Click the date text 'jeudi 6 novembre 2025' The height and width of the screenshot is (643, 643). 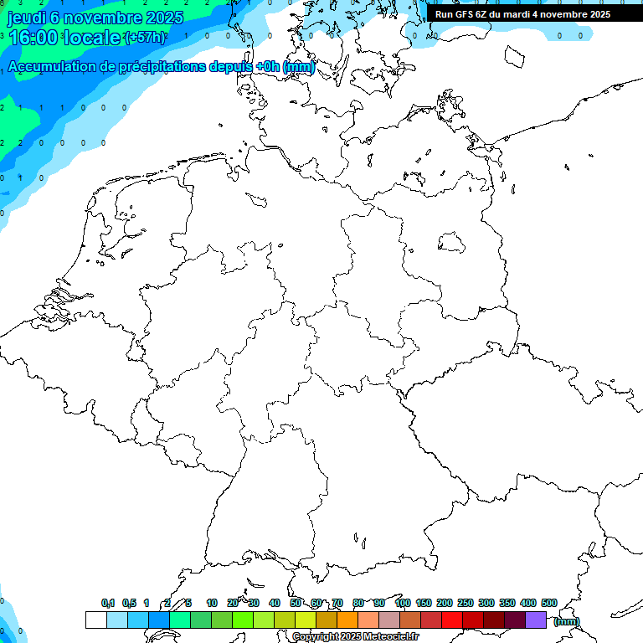pyautogui.click(x=95, y=18)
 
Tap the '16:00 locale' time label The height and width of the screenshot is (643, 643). pyautogui.click(x=65, y=38)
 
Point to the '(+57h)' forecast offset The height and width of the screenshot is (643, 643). pyautogui.click(x=145, y=38)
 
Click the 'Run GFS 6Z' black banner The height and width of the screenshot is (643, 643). pyautogui.click(x=522, y=14)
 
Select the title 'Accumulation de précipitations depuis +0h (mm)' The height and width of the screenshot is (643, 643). pyautogui.click(x=162, y=67)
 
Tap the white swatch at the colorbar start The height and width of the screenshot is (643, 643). pyautogui.click(x=95, y=620)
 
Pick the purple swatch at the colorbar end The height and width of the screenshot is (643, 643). pyautogui.click(x=536, y=620)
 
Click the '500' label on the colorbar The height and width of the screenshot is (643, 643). pyautogui.click(x=549, y=603)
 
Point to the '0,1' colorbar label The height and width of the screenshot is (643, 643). pyautogui.click(x=108, y=603)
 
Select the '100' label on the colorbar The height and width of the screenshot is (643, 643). pyautogui.click(x=403, y=603)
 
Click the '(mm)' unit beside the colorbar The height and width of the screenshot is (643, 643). pyautogui.click(x=567, y=621)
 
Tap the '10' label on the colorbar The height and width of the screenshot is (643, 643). pyautogui.click(x=212, y=603)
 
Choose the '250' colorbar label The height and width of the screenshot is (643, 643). pyautogui.click(x=466, y=603)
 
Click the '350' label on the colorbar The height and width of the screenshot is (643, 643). pyautogui.click(x=507, y=603)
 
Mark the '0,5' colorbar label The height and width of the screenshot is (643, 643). pyautogui.click(x=129, y=603)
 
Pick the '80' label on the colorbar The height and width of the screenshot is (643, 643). pyautogui.click(x=358, y=603)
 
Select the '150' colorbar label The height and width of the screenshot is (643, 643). pyautogui.click(x=424, y=603)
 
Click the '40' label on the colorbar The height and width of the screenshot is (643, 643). pyautogui.click(x=275, y=603)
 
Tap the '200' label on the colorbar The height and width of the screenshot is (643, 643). pyautogui.click(x=445, y=603)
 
